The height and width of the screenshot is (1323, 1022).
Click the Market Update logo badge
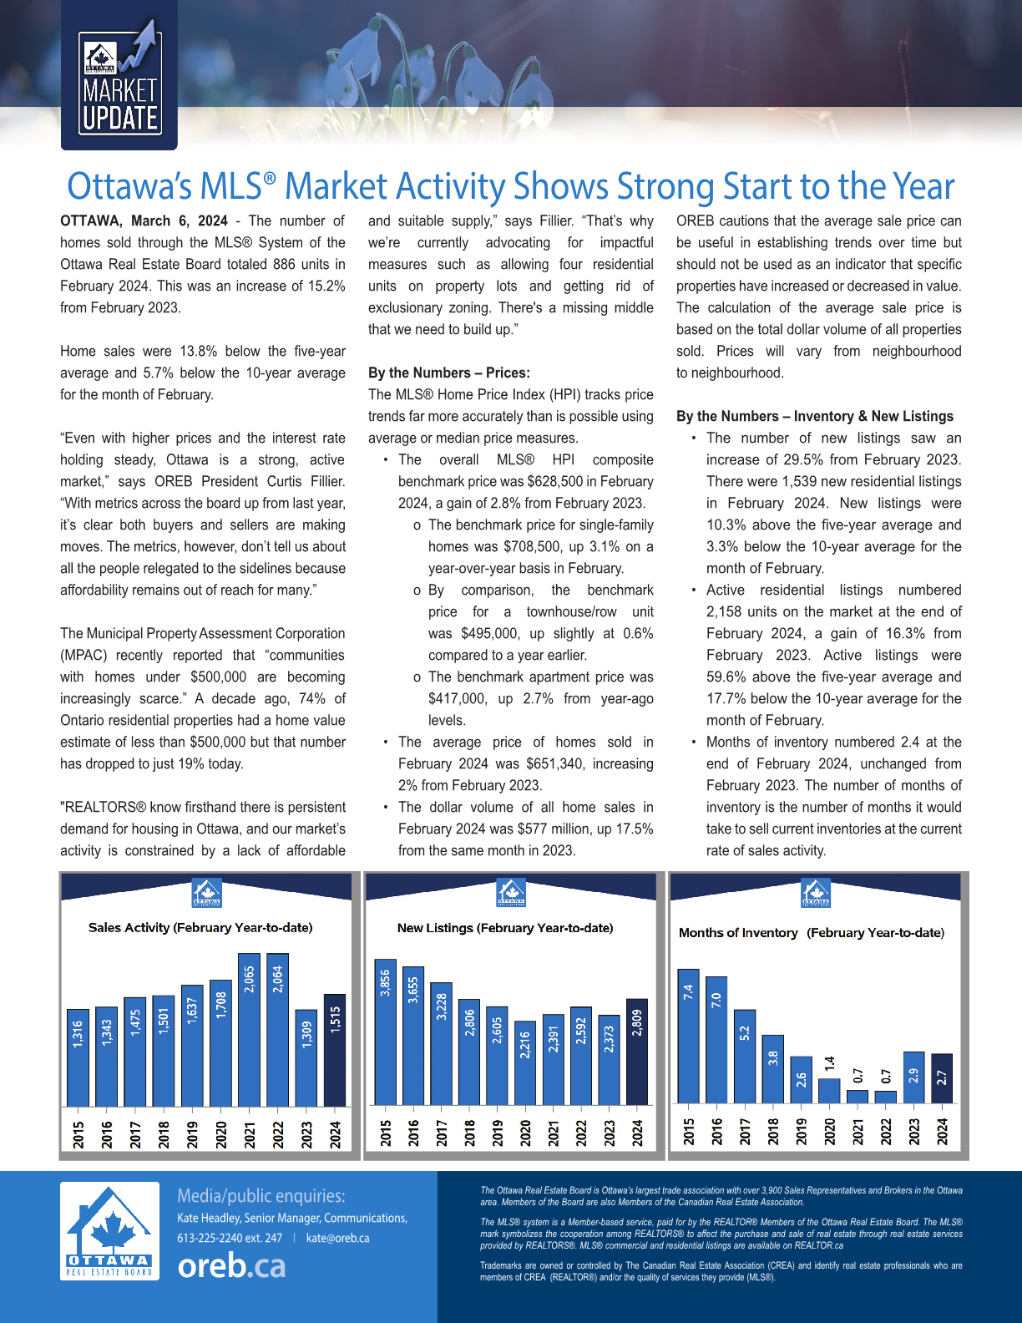119,84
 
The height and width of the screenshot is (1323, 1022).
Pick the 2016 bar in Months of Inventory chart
716,1040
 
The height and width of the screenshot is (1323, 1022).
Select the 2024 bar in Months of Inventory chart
941,1078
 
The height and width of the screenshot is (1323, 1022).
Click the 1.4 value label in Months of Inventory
829,1064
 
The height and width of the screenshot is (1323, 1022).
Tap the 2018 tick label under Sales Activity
164,1134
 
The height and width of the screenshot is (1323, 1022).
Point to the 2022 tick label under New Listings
581,1133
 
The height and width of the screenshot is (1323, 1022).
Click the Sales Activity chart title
200,927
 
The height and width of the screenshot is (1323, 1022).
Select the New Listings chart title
505,927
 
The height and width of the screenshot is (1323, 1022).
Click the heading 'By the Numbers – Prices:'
449,373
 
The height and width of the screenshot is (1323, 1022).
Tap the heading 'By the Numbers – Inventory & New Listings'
815,416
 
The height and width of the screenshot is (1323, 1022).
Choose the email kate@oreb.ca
337,1238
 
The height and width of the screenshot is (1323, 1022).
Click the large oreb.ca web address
231,1266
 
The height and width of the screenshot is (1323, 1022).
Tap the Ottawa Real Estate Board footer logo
109,1231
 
